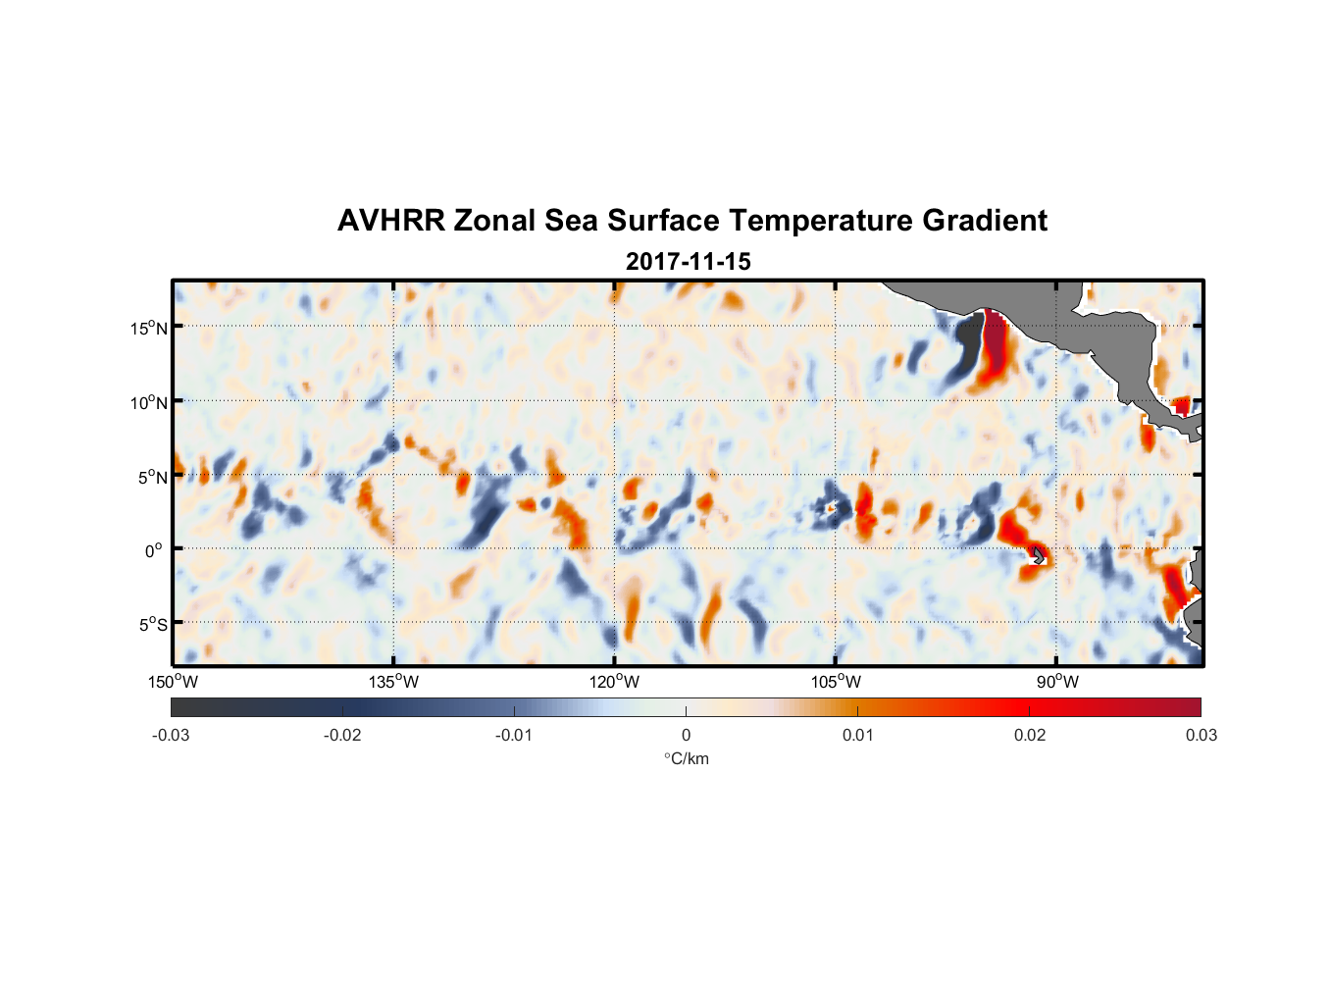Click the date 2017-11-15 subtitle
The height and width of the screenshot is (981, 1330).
[688, 262]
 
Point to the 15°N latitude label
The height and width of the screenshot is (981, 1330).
[149, 328]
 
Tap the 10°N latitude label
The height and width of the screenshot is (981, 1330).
[149, 402]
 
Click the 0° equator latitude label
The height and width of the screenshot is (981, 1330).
[154, 550]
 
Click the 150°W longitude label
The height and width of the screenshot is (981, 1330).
[173, 682]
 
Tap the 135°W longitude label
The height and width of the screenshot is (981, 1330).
[393, 682]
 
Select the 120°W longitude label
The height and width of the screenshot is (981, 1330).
[614, 682]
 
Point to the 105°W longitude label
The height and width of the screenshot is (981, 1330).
[836, 682]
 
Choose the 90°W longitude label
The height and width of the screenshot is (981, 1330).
[1057, 682]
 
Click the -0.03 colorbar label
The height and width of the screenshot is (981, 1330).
[171, 736]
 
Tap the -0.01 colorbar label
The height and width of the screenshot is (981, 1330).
[514, 736]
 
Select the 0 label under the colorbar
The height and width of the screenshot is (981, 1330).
[686, 736]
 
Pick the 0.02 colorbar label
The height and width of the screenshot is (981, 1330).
[1030, 736]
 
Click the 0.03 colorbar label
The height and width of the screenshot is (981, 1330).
[1201, 736]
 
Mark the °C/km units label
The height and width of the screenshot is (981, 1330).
[686, 758]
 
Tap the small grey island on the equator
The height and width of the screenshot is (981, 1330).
[1038, 555]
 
